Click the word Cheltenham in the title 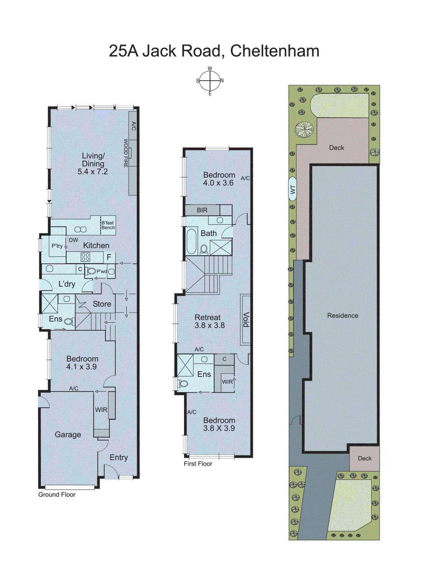point(274,51)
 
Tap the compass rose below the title point(210,81)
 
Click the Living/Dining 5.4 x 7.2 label point(93,164)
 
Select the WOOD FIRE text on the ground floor point(126,153)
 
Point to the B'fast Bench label point(108,225)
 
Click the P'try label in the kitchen point(57,246)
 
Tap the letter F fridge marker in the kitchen point(109,257)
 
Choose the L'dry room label point(67,284)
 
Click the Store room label point(102,304)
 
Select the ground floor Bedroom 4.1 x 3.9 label point(82,363)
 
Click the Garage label point(68,434)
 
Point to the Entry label point(119,457)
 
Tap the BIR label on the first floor point(202,210)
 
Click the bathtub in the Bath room point(192,241)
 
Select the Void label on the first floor point(246,319)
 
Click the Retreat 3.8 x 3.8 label point(210,321)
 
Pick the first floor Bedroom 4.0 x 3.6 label point(218,179)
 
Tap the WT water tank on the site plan point(293,189)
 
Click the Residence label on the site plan point(343,316)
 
